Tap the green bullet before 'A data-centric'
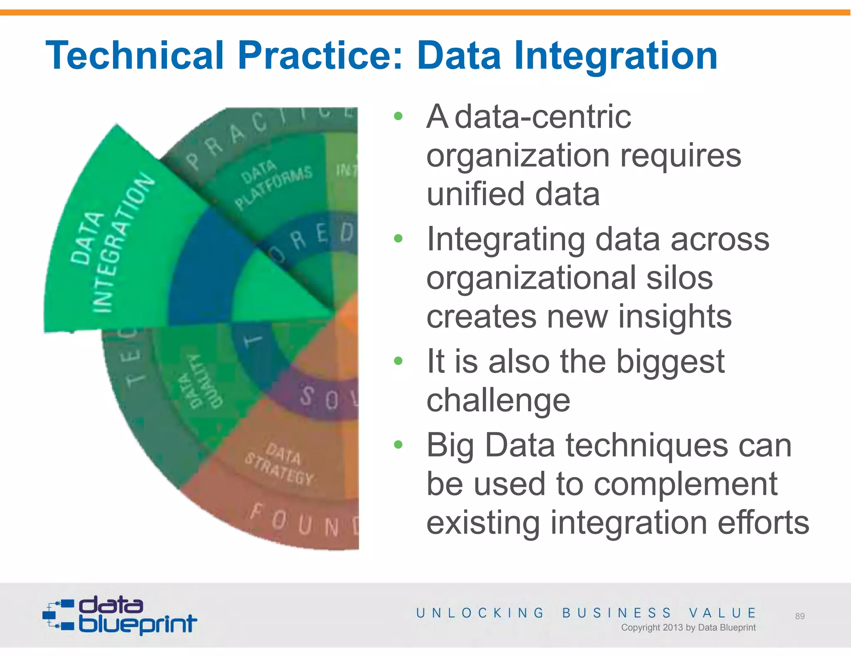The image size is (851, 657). coord(398,116)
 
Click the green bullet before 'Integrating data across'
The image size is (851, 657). coord(398,238)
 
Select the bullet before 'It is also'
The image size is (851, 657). coord(398,360)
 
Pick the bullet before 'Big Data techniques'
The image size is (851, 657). coord(398,444)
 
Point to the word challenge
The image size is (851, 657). coord(498,400)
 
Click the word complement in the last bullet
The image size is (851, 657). coord(685,484)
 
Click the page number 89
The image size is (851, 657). coord(800,616)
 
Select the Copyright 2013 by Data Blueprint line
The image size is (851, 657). coord(688,627)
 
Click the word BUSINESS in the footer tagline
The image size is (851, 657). coord(617,613)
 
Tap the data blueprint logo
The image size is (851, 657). coord(120,615)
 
